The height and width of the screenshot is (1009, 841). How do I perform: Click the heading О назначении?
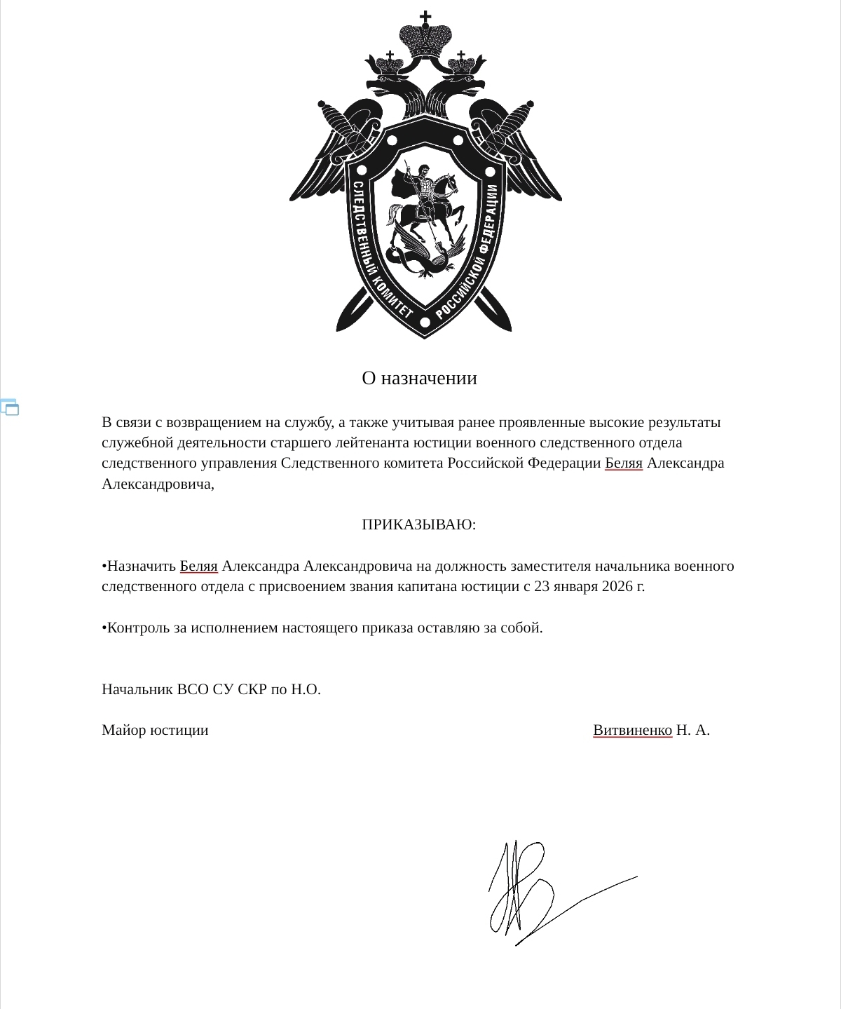coord(419,379)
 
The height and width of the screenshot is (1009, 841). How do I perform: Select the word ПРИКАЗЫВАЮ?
coord(418,524)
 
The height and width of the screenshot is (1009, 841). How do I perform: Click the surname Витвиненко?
coord(632,730)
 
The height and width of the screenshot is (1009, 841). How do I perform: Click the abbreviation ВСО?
coord(193,689)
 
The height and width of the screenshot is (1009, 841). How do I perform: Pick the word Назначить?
coord(142,566)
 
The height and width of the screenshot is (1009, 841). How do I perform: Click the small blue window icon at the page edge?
coord(10,407)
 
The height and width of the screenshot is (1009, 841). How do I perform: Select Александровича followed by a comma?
coord(158,484)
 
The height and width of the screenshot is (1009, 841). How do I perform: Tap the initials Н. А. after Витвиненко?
coord(693,730)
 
